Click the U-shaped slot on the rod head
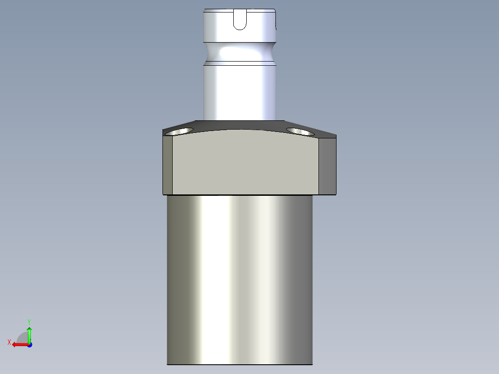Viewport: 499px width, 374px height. click(x=240, y=20)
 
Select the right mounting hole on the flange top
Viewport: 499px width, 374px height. click(x=300, y=131)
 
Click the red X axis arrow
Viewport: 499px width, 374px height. click(x=19, y=344)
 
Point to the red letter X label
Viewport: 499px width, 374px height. click(x=9, y=342)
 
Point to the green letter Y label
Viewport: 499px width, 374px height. click(x=29, y=321)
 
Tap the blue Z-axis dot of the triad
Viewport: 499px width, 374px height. click(x=29, y=345)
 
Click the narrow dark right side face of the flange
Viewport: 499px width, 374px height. click(x=328, y=165)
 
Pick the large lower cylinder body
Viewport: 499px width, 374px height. click(x=240, y=278)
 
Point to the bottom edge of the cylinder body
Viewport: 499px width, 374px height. click(x=240, y=364)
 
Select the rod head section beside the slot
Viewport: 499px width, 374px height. click(x=218, y=25)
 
